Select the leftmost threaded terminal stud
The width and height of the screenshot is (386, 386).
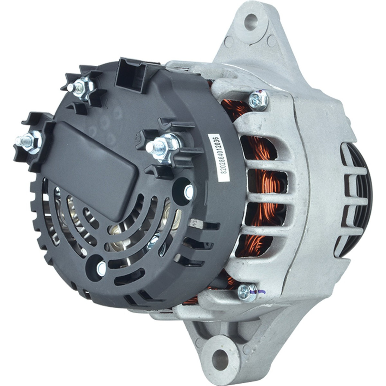coord(28,140)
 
